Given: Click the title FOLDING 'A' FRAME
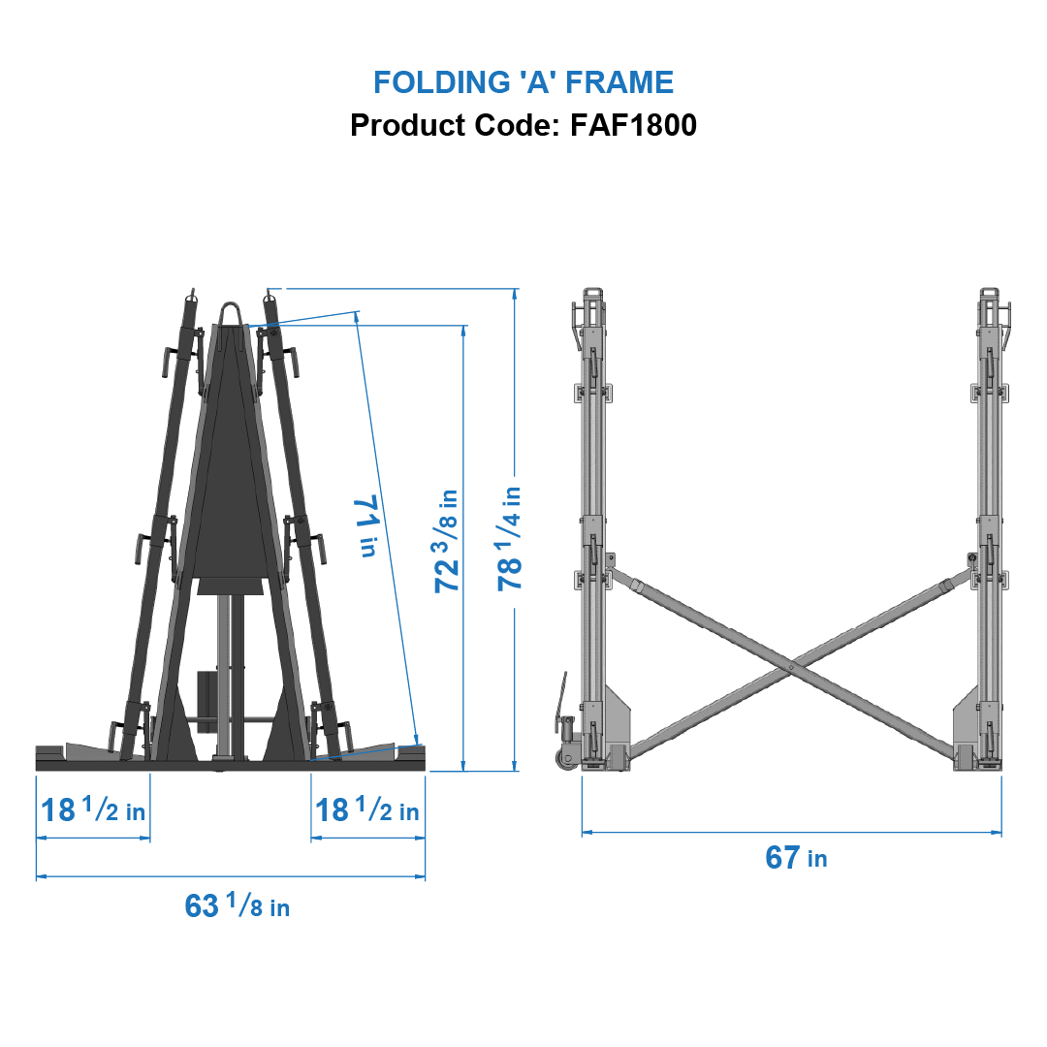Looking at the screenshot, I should click(523, 82).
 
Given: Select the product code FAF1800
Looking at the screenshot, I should click(633, 125).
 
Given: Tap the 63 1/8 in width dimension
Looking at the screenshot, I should click(237, 906).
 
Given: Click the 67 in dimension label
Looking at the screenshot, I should click(796, 858).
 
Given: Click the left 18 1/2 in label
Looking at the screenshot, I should click(93, 809).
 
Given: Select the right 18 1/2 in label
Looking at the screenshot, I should click(367, 809).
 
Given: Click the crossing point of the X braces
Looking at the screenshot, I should click(791, 667).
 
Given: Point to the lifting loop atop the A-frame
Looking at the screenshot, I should click(232, 314).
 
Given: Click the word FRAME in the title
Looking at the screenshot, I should click(619, 82).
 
